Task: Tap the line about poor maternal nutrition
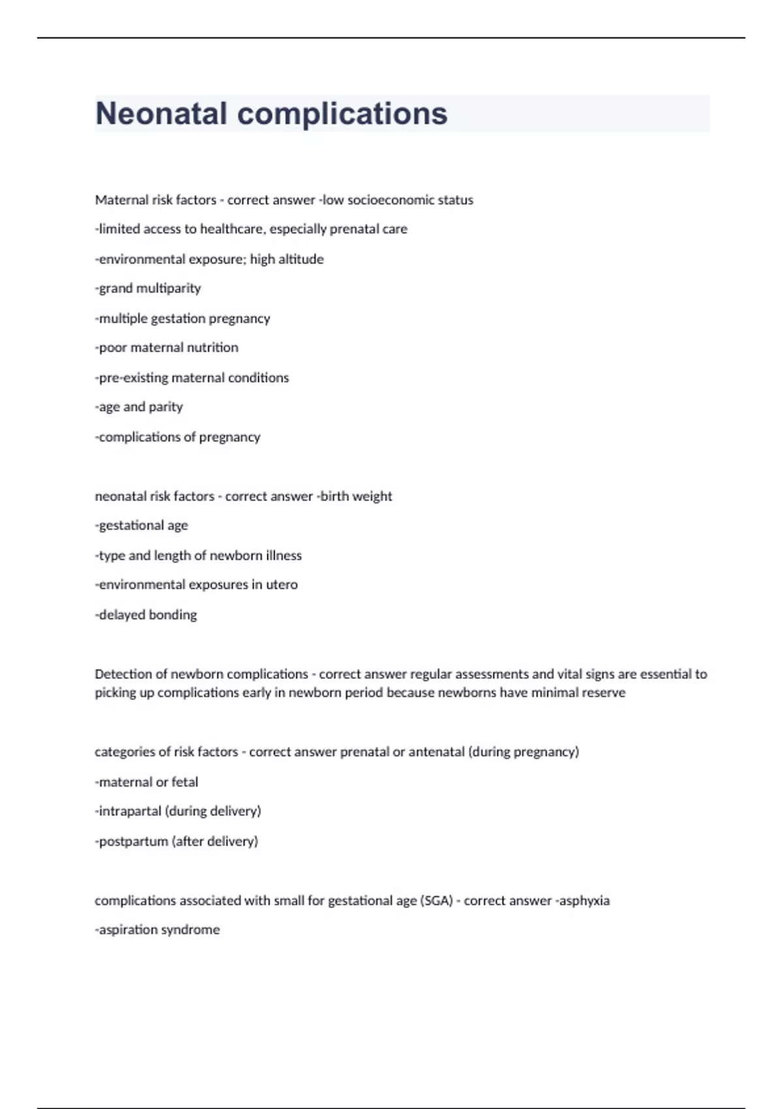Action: click(167, 348)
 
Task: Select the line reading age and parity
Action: click(140, 407)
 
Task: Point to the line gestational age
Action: click(142, 526)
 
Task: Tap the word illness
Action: click(284, 556)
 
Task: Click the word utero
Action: click(281, 585)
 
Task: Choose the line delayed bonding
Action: click(147, 615)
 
